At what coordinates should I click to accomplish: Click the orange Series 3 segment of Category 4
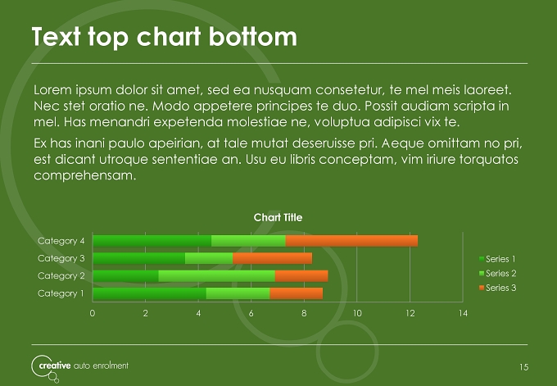point(351,241)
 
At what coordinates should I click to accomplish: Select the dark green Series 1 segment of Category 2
point(125,276)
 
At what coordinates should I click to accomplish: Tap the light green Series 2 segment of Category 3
point(209,258)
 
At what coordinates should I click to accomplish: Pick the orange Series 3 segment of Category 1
point(297,293)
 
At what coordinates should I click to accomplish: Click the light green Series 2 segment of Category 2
point(217,276)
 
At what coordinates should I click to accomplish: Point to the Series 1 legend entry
point(497,259)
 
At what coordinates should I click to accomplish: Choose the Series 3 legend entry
point(497,288)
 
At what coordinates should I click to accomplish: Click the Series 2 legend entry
point(497,274)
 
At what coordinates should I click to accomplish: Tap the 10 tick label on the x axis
point(357,313)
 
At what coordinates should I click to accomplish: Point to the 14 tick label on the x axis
point(463,313)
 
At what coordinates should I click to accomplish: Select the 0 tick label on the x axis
point(93,313)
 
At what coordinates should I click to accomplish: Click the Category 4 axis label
point(61,241)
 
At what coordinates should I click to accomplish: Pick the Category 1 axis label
point(61,293)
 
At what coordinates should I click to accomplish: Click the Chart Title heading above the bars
point(278,217)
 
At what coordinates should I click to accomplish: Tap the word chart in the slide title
point(169,37)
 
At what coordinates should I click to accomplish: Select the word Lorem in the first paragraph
point(52,90)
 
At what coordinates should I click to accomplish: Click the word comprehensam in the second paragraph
point(85,175)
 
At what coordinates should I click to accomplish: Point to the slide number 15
point(524,367)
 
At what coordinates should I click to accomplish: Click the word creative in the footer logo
point(55,366)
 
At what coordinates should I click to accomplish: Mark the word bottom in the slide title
point(252,37)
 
